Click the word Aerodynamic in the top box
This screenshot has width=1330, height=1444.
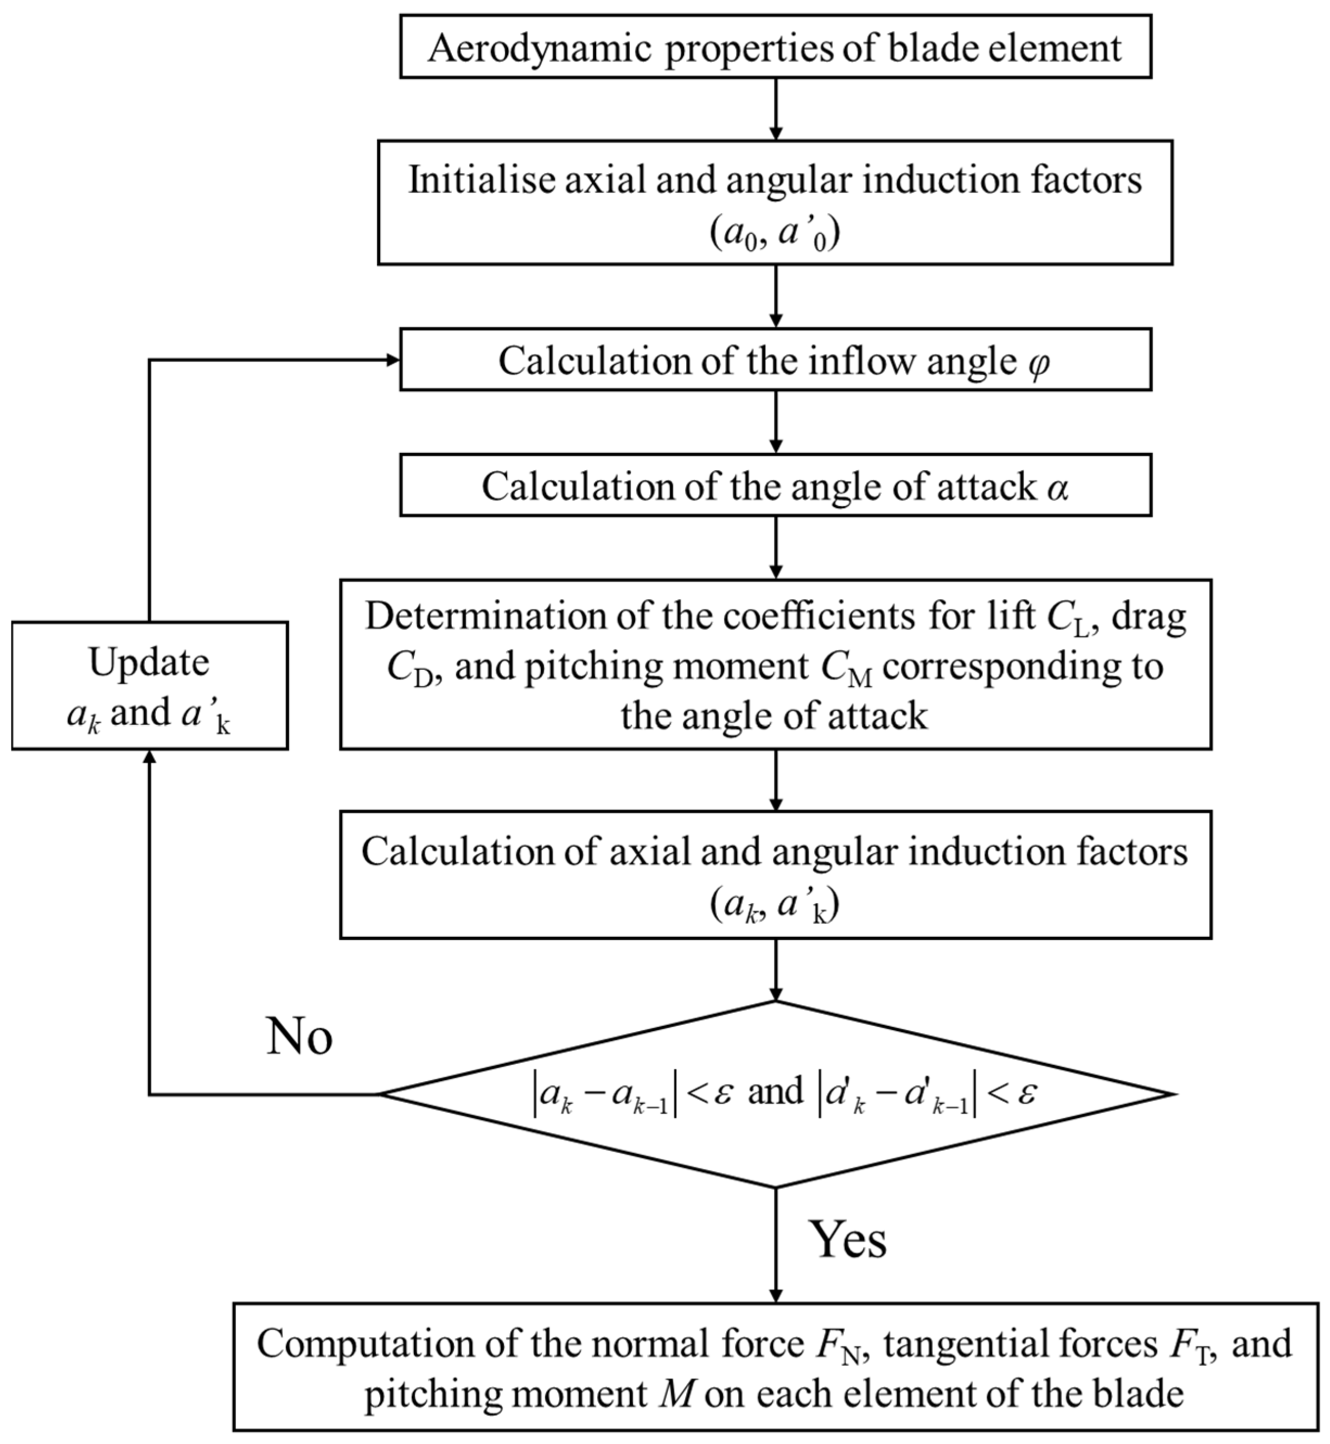click(539, 49)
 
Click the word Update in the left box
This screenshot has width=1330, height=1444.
click(149, 662)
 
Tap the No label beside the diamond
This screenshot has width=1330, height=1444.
click(299, 1037)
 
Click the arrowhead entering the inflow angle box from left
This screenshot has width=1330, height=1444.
click(393, 360)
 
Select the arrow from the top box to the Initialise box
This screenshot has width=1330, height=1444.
click(775, 108)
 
